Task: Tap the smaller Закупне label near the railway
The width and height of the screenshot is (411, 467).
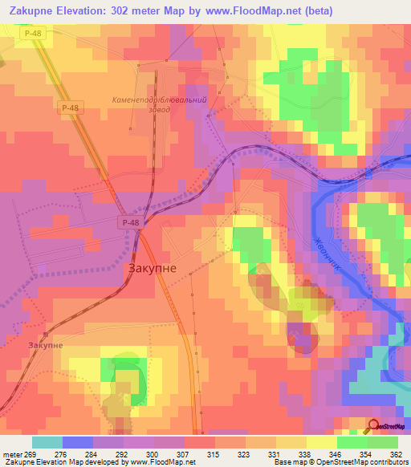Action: click(45, 345)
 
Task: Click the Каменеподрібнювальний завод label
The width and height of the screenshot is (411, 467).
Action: click(159, 104)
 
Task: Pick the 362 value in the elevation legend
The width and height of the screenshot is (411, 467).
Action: click(397, 454)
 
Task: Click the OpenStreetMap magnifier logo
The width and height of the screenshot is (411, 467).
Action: click(373, 427)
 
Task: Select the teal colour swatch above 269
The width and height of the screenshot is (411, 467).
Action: click(47, 442)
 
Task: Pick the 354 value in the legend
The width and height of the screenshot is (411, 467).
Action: click(366, 454)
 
